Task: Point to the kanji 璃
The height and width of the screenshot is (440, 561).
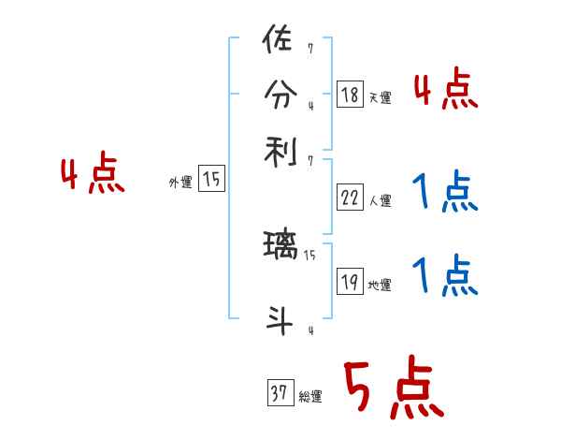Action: coord(280,249)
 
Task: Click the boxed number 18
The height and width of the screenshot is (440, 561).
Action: coord(350,94)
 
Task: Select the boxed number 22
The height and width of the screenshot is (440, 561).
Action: coord(350,198)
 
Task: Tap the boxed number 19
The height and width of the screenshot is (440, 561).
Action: coord(350,281)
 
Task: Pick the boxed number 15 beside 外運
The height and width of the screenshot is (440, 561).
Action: coord(212,180)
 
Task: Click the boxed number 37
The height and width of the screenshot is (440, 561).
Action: coord(279,394)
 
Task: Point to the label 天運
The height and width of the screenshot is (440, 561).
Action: coord(381,97)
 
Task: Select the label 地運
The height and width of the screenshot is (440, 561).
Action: coord(381,285)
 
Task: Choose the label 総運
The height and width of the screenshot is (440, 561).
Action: coord(310,397)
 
